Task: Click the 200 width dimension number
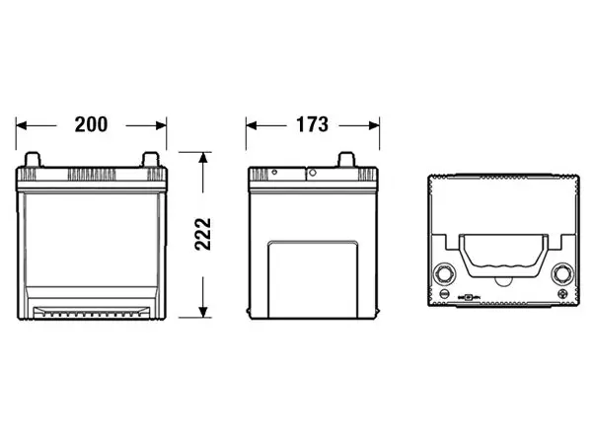[x=91, y=124]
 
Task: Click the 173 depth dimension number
[x=312, y=124]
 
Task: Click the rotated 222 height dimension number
[x=203, y=234]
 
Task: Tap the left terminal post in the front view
[x=33, y=159]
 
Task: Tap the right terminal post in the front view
[x=151, y=159]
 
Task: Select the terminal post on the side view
[x=346, y=159]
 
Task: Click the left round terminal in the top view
[x=444, y=273]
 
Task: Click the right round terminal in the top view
[x=562, y=273]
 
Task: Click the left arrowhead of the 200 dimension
[x=21, y=125]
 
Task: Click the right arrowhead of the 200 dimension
[x=161, y=125]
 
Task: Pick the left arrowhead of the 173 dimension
[x=252, y=125]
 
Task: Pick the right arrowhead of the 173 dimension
[x=374, y=125]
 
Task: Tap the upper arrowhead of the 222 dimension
[x=203, y=158]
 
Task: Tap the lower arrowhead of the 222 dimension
[x=203, y=312]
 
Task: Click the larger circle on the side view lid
[x=313, y=173]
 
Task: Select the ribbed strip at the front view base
[x=91, y=312]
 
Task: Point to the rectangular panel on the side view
[x=313, y=279]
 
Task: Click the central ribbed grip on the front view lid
[x=92, y=175]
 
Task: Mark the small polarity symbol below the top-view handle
[x=468, y=298]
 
